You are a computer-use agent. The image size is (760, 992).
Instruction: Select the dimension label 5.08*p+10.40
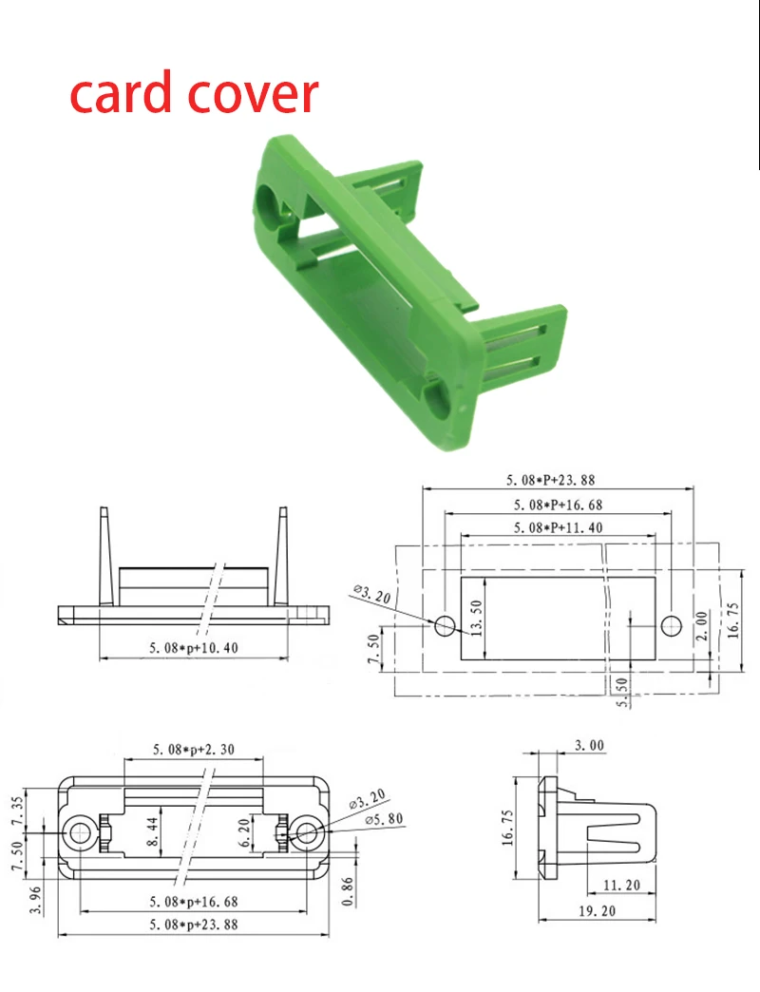point(194,648)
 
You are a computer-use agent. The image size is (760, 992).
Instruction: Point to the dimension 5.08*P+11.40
point(559,527)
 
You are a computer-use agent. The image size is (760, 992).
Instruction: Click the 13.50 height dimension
point(476,618)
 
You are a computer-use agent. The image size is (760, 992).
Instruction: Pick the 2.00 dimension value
point(702,625)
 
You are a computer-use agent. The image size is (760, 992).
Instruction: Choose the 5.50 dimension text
point(622,692)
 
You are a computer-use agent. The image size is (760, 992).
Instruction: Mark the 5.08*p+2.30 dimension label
point(194,749)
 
